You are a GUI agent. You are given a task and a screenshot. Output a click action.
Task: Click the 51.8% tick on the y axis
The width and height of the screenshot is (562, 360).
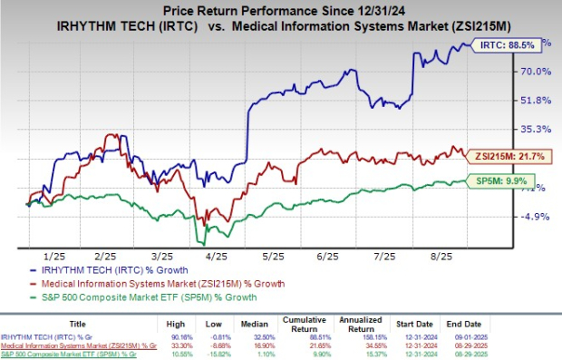[x=537, y=100]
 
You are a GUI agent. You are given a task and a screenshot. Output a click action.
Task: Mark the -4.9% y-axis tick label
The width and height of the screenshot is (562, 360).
[x=537, y=216]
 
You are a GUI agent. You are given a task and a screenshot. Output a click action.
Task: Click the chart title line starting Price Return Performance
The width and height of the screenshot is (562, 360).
[x=280, y=9]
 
